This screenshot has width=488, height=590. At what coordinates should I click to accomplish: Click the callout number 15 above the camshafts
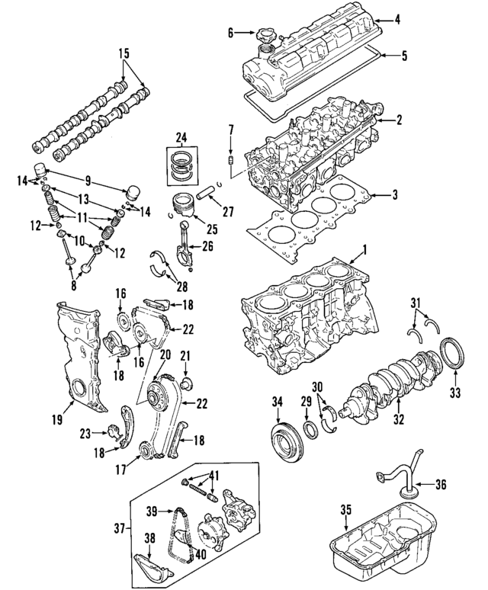tap(124, 54)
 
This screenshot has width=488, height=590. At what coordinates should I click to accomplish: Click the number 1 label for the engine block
tap(364, 249)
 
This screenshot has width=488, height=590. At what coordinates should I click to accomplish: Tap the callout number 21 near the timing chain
tap(184, 356)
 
